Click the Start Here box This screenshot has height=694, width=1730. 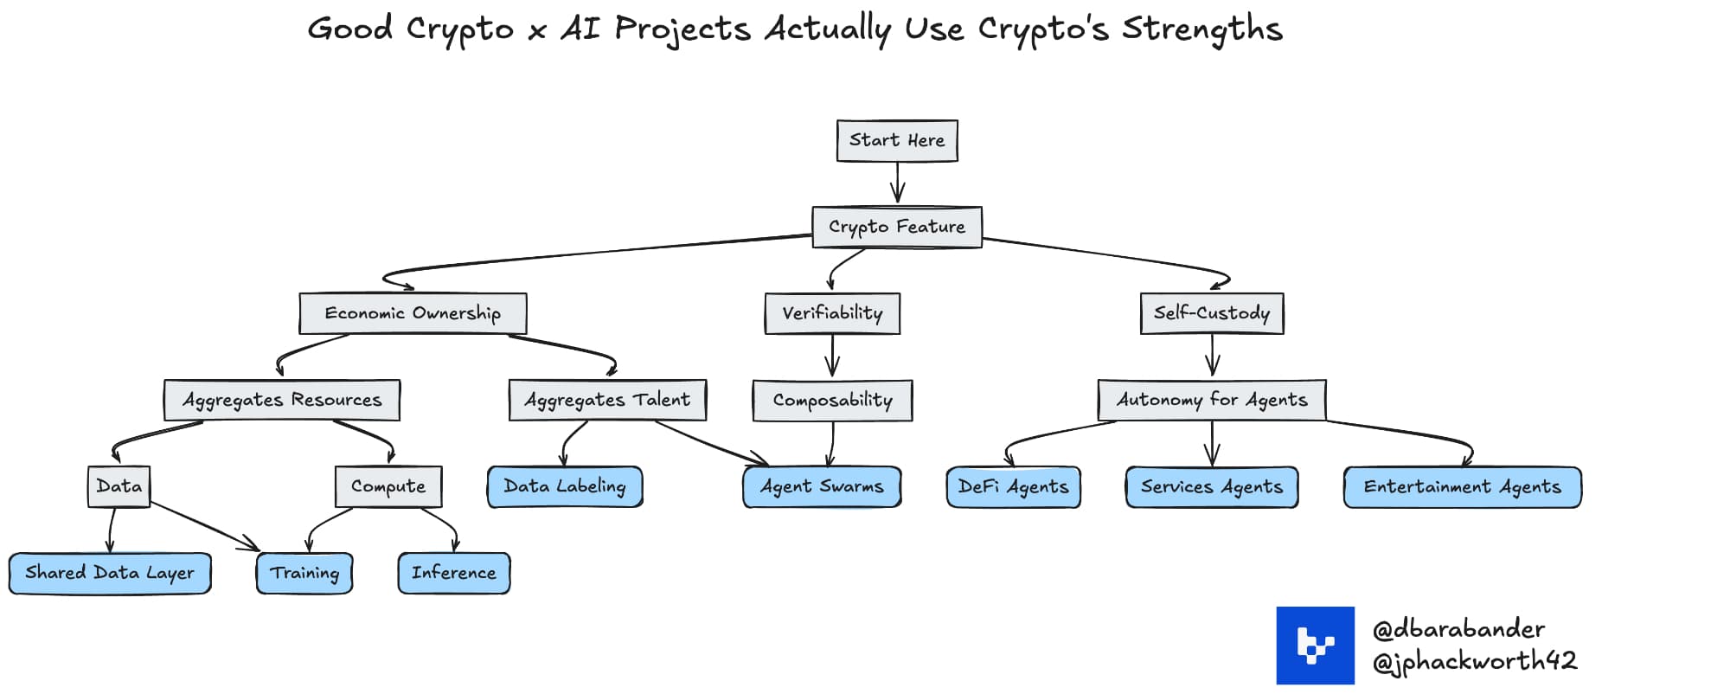[x=897, y=140]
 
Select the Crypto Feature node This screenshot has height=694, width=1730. [x=897, y=227]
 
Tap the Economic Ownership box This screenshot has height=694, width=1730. [x=413, y=313]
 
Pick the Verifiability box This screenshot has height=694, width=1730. [x=832, y=313]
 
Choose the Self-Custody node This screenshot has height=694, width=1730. [x=1212, y=313]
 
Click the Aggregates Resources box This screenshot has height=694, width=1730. [x=282, y=400]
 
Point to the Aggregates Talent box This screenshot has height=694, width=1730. [x=607, y=400]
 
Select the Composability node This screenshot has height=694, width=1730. [x=832, y=400]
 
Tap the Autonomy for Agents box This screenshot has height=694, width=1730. [x=1212, y=400]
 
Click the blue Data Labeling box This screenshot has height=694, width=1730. [x=565, y=486]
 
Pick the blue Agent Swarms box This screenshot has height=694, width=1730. [x=822, y=486]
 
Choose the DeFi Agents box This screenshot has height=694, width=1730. [x=1013, y=486]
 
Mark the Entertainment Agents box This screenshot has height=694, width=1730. [x=1462, y=486]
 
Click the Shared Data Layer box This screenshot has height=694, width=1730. [x=110, y=573]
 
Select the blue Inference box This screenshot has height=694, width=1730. [x=454, y=573]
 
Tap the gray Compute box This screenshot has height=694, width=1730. [x=388, y=486]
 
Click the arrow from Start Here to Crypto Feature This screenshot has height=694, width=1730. [x=897, y=183]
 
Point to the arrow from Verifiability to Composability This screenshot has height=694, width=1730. [x=832, y=356]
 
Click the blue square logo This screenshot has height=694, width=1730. [x=1315, y=646]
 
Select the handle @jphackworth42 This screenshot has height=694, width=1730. [x=1474, y=662]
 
